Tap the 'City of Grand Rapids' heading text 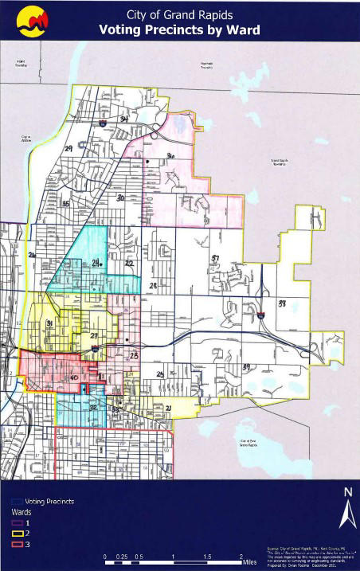180,14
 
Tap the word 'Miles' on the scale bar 249,562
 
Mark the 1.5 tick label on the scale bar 206,555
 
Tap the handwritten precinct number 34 123,119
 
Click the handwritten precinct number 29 68,149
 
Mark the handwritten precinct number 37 214,258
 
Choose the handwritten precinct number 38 281,303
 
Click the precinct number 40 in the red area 73,377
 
